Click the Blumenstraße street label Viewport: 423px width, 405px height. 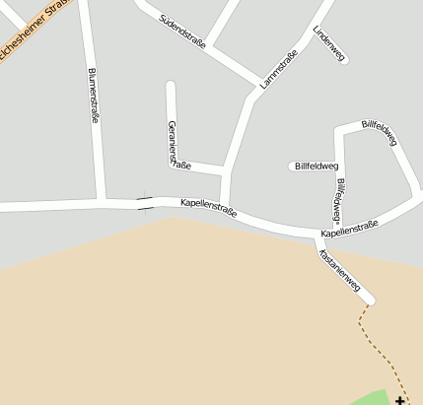(94, 96)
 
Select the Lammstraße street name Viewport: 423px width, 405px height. (279, 71)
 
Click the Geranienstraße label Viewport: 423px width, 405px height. (177, 145)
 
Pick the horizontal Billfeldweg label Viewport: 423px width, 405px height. (316, 167)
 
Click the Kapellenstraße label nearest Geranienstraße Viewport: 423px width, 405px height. (208, 207)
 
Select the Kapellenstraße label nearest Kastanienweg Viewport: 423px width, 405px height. (349, 232)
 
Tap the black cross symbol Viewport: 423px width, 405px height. (399, 400)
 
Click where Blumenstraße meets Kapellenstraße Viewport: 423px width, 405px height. (102, 204)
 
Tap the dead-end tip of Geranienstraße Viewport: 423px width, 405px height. (171, 86)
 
